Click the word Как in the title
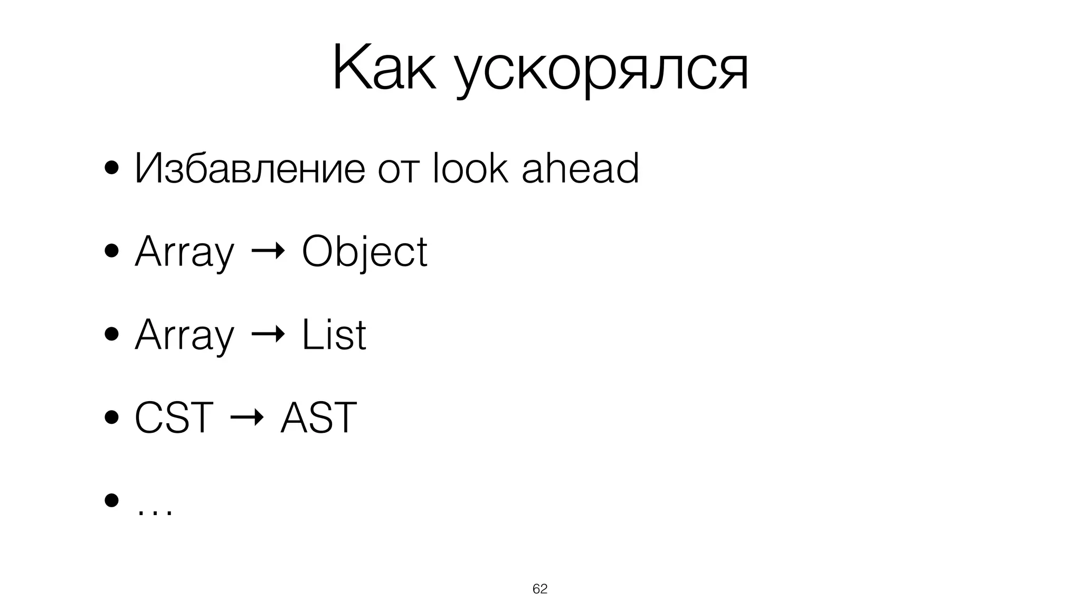pos(384,69)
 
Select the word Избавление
pos(249,168)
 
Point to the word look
pos(470,168)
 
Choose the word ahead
pos(580,168)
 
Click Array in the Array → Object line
pos(184,252)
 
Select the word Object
pos(364,252)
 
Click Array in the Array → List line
pos(184,336)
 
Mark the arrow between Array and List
pos(268,335)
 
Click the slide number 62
pos(540,589)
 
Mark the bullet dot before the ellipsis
pos(111,500)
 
